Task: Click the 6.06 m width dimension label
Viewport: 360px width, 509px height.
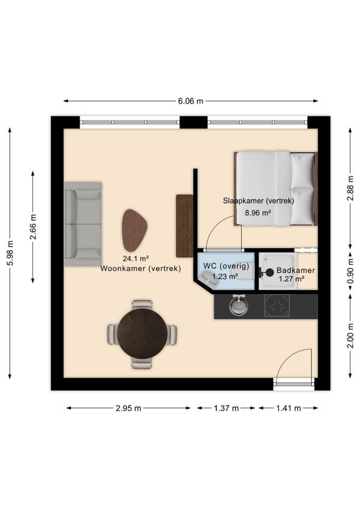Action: click(191, 101)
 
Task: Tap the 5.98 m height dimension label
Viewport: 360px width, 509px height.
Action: click(10, 253)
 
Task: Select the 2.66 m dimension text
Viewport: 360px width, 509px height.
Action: click(33, 226)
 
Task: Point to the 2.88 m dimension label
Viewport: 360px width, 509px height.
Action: click(350, 188)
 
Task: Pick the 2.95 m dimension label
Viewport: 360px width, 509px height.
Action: click(128, 408)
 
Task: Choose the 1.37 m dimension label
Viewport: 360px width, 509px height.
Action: click(226, 408)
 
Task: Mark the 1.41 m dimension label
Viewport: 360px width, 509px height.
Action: click(289, 408)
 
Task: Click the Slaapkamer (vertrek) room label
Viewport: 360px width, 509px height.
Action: click(259, 200)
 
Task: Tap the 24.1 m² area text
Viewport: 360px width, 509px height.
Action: click(136, 259)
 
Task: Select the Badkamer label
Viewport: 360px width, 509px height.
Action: click(296, 270)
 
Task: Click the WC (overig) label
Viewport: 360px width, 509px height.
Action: click(226, 266)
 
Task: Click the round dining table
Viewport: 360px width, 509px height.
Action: click(142, 334)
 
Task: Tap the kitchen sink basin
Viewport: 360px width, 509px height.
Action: click(239, 306)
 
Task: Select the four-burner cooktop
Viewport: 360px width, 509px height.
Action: click(277, 305)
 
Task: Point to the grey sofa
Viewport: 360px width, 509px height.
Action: click(83, 224)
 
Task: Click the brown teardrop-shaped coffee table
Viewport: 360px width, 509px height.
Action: click(134, 230)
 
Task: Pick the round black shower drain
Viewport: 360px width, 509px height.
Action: click(270, 272)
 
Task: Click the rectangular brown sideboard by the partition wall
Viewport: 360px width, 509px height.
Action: click(184, 226)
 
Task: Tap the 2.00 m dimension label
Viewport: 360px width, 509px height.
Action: click(350, 336)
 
